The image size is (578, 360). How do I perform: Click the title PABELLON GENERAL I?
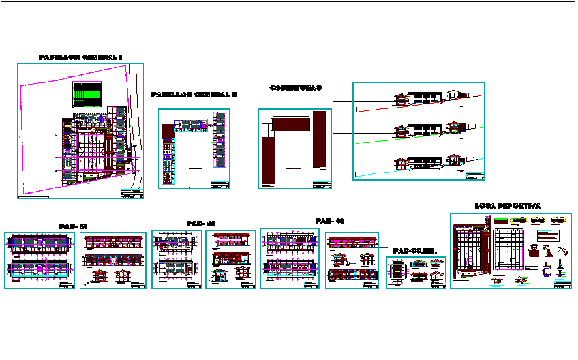tap(80, 57)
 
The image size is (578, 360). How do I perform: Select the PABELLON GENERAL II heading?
tap(194, 95)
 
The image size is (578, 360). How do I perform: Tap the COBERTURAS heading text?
tap(296, 87)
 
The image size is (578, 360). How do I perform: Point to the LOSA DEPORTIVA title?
tap(508, 206)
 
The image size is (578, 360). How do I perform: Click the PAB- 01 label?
tap(73, 226)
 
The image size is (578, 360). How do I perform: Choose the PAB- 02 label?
tap(201, 224)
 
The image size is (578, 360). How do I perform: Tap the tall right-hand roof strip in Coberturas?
tap(319, 139)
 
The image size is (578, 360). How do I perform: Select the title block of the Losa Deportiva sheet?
tap(562, 284)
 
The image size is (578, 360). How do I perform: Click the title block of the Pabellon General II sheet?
tap(220, 185)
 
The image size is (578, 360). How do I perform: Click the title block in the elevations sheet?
tap(475, 175)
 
